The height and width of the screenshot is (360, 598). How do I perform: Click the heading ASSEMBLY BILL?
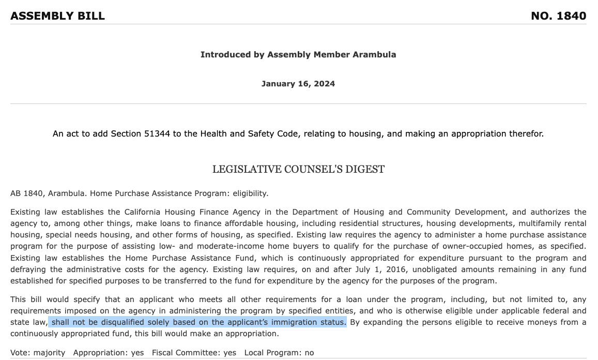pos(57,16)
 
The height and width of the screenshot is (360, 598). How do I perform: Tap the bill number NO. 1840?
pos(558,16)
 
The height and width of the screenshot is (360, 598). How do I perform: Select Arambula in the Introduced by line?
pos(374,54)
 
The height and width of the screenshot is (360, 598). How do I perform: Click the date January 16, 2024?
pos(298,84)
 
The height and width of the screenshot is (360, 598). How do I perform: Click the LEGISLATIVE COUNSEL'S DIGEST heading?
pos(298,169)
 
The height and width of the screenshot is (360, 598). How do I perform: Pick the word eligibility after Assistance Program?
pos(250,193)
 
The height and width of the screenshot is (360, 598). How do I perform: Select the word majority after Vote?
pos(50,353)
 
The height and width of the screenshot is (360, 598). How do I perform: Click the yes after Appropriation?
pos(137,353)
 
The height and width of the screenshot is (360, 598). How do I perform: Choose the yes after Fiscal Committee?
pos(229,353)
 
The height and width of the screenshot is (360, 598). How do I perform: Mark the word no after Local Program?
pos(309,353)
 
